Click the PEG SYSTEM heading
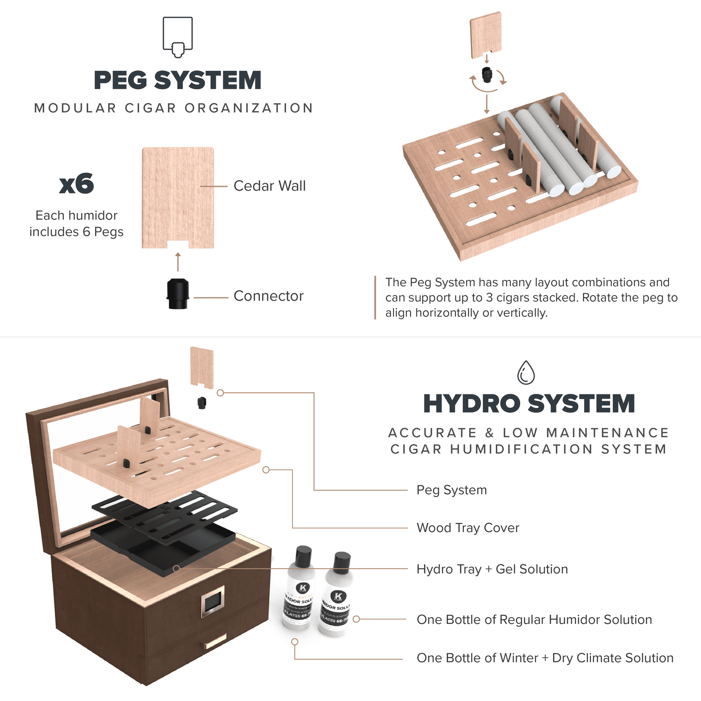[x=177, y=81]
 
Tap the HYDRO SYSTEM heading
[x=529, y=404]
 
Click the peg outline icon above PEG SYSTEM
[x=178, y=37]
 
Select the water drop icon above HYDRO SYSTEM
[x=526, y=373]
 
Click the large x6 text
[x=76, y=184]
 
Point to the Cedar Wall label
[x=269, y=186]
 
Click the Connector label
[x=268, y=296]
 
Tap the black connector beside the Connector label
[x=178, y=293]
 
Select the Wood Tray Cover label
[x=468, y=528]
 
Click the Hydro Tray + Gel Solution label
[x=492, y=569]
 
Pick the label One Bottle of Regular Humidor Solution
[x=534, y=619]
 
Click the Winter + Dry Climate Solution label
[x=545, y=658]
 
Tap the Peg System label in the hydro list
[x=451, y=490]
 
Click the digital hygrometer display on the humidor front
[x=213, y=602]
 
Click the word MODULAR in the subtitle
[x=75, y=108]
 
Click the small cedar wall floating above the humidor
[x=202, y=367]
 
